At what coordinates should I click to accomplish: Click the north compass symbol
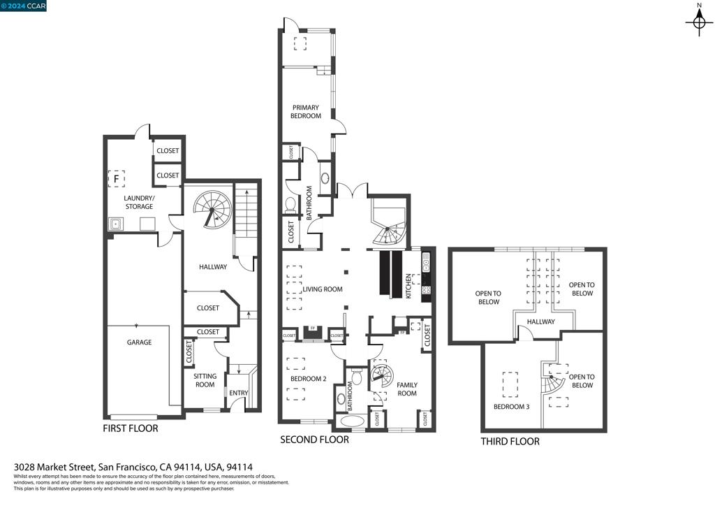698,22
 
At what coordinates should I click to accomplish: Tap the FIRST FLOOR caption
131,428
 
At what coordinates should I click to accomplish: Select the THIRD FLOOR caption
510,442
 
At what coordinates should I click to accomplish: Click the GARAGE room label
139,342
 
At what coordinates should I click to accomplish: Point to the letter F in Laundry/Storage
116,180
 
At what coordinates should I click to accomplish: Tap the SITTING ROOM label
205,380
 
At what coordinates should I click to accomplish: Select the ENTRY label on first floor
238,393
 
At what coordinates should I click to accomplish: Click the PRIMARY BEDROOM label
307,112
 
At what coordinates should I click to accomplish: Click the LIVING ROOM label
322,289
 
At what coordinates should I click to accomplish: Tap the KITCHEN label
409,287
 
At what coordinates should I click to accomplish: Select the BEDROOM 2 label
308,379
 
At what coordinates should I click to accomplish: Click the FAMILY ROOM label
406,389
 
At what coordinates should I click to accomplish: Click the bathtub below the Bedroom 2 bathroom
351,421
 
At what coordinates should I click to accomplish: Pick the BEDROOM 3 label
511,406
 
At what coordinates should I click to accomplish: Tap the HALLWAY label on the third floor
540,322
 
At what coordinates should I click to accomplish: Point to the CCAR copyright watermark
24,6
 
